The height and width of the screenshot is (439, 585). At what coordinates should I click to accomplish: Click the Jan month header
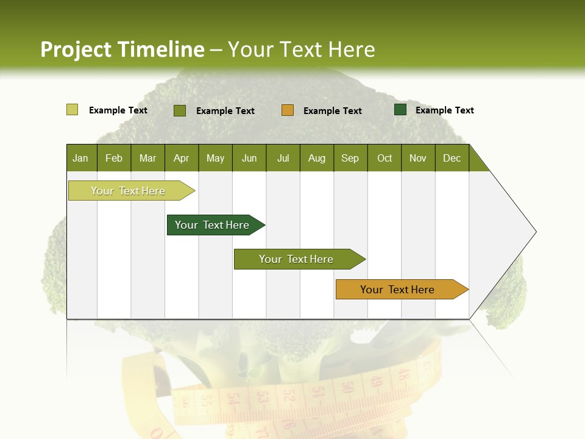(x=81, y=158)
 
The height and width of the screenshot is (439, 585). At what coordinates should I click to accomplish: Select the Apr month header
(x=182, y=158)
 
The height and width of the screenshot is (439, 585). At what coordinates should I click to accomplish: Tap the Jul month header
(x=283, y=158)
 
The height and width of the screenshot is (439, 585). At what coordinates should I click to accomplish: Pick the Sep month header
(x=350, y=158)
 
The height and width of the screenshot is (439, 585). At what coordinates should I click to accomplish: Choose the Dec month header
(x=452, y=158)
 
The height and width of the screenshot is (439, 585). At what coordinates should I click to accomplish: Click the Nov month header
(x=418, y=158)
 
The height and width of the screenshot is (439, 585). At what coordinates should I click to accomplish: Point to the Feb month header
(x=114, y=158)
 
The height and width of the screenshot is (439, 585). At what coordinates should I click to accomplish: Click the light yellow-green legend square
(x=72, y=110)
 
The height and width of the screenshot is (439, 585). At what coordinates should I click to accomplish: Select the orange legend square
(x=288, y=110)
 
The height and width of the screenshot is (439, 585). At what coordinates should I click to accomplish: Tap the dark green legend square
(x=400, y=110)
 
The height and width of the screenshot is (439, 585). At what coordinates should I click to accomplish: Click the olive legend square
(x=179, y=110)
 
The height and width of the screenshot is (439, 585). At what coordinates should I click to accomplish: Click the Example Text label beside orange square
(x=332, y=110)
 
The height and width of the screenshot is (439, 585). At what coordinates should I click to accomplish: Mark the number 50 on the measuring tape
(x=347, y=387)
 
